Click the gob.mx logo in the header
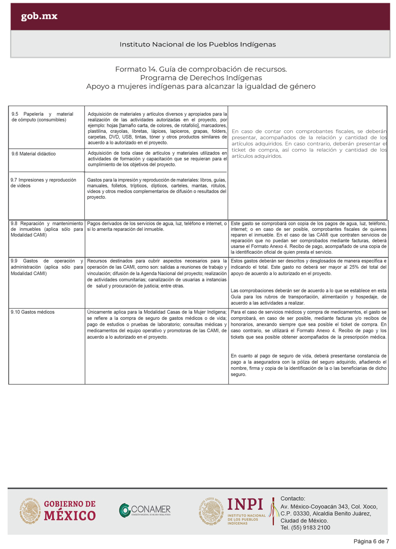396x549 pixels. tap(39, 16)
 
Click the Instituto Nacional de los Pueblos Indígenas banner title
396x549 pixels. tap(198, 44)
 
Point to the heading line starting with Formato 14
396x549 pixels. tap(201, 69)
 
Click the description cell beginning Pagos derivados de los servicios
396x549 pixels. tap(157, 226)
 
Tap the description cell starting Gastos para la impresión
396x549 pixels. tap(157, 188)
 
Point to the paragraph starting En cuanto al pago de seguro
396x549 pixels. tap(309, 365)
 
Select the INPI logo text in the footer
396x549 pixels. tap(246, 504)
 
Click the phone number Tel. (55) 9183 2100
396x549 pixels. tap(305, 528)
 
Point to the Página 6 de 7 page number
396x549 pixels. tap(371, 541)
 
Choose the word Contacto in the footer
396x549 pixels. tap(292, 498)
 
